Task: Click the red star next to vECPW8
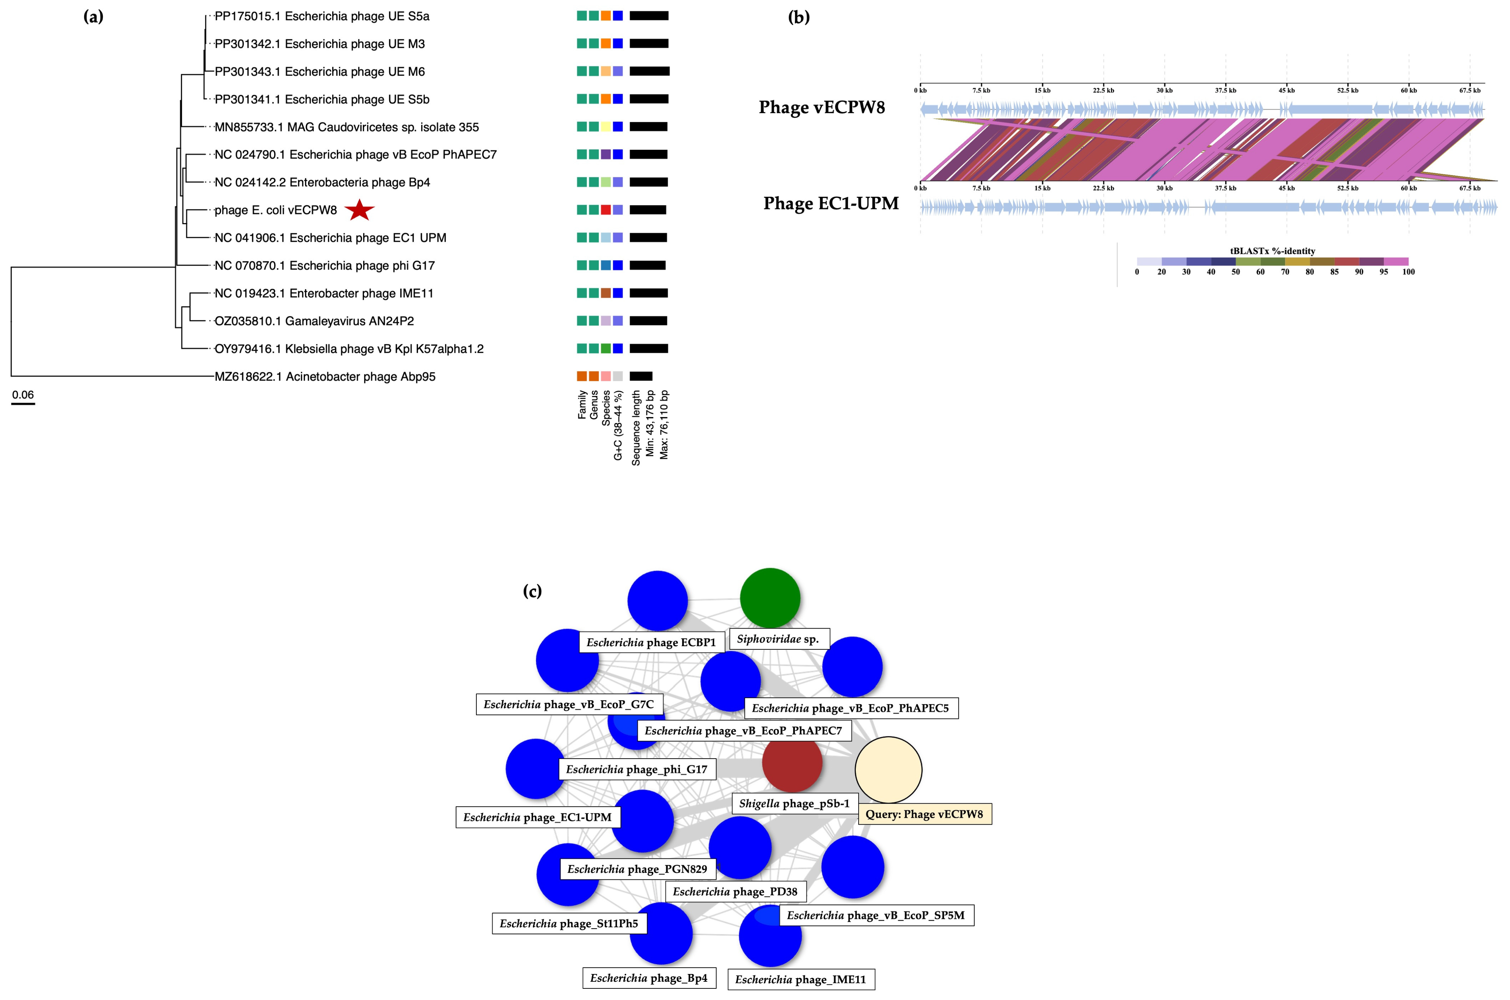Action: click(359, 210)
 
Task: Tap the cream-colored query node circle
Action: click(888, 770)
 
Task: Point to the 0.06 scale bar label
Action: click(23, 395)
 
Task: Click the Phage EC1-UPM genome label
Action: click(831, 203)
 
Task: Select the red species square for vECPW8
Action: click(605, 210)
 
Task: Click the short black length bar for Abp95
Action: click(641, 376)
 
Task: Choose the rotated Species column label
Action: click(606, 408)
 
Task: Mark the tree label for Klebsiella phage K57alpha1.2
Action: click(349, 349)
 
